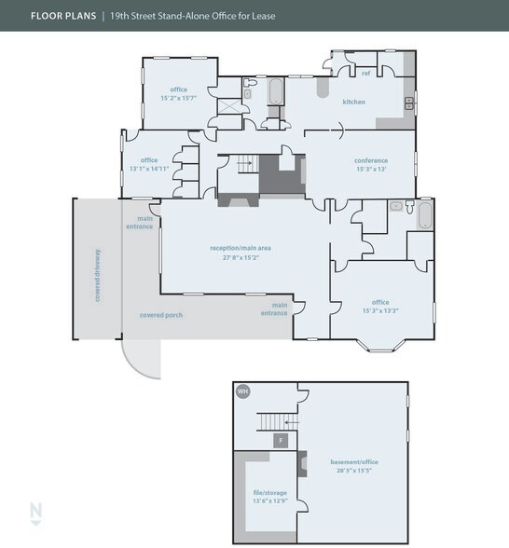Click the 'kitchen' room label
pos(353,102)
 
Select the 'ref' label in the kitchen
pos(365,73)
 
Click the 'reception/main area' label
pos(240,248)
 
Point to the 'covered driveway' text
pos(97,271)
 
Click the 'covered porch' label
pos(161,315)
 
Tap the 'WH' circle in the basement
pos(243,391)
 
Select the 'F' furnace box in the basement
pos(279,439)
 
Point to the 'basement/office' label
pos(354,462)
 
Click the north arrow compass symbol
pos(35,513)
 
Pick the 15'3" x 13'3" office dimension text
pos(380,309)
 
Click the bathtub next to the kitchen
pos(275,92)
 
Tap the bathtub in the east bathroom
pos(423,217)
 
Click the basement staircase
pos(278,421)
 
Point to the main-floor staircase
pos(245,165)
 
